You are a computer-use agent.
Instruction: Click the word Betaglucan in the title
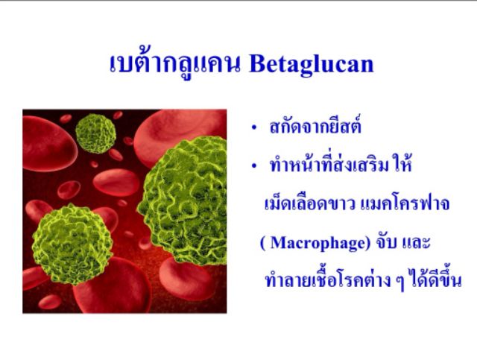[312, 64]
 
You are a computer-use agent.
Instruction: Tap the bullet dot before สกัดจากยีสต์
[254, 128]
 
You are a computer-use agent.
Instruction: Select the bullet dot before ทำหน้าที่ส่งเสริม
[254, 166]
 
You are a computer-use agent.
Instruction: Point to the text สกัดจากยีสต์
[315, 125]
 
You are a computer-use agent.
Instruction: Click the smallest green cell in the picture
[95, 133]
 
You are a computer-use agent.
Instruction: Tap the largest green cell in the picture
[183, 200]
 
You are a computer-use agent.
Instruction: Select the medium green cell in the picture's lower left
[72, 244]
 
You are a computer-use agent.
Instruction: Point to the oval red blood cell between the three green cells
[116, 183]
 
